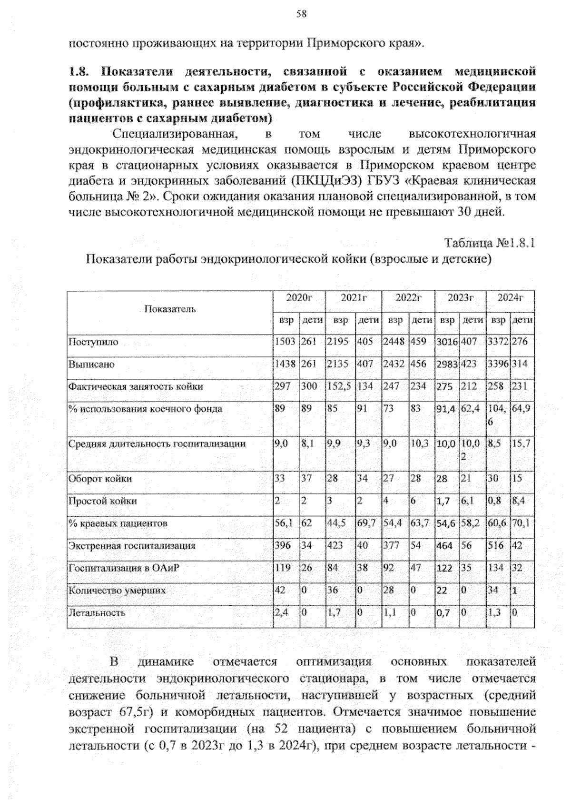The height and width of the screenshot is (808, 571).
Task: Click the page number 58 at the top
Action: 301,14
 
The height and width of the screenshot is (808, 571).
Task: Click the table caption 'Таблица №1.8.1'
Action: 490,243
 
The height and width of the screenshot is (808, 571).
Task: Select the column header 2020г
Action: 298,298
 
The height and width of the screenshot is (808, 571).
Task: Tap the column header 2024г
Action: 510,298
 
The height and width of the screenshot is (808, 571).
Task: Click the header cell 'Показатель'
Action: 170,309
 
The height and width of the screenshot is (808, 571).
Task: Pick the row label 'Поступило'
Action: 93,342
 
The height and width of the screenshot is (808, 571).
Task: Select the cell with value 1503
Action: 285,342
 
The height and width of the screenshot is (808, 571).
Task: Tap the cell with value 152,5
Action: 339,387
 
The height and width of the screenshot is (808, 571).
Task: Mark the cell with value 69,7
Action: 367,523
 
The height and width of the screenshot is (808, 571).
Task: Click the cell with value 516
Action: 495,546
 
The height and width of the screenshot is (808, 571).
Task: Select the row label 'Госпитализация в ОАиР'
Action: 124,568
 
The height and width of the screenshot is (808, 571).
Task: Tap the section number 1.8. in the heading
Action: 79,72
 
